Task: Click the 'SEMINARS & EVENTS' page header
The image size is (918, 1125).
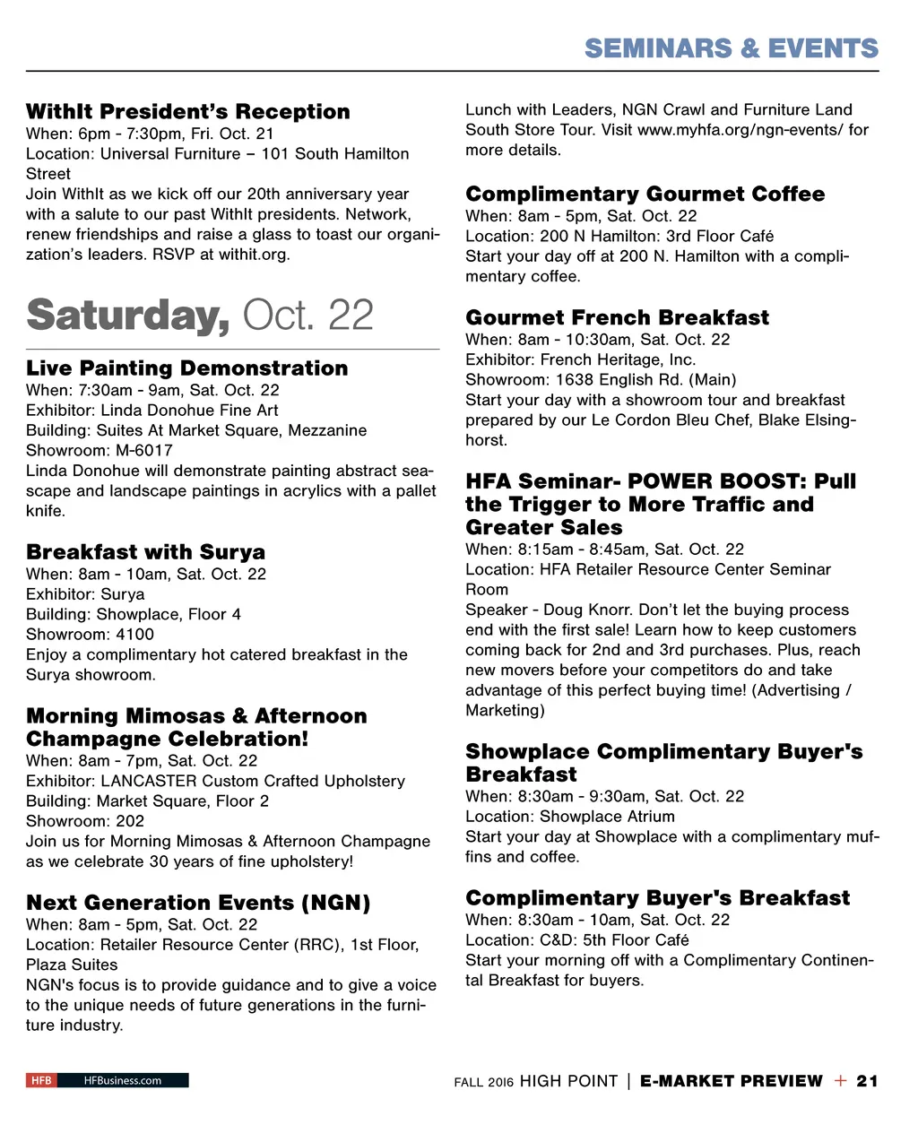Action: pyautogui.click(x=731, y=48)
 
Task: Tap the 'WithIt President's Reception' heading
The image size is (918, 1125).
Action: pyautogui.click(x=188, y=112)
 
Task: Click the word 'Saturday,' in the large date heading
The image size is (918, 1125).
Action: pyautogui.click(x=127, y=316)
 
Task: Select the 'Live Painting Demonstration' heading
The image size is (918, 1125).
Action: pyautogui.click(x=186, y=368)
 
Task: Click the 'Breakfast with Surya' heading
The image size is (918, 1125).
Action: pyautogui.click(x=145, y=552)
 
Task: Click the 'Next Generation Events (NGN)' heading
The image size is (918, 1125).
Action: pyautogui.click(x=198, y=903)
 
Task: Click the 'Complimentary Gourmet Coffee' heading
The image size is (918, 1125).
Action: pyautogui.click(x=645, y=195)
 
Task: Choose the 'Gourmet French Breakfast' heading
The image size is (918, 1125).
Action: pyautogui.click(x=617, y=318)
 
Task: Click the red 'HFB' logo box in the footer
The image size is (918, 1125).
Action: pyautogui.click(x=41, y=1080)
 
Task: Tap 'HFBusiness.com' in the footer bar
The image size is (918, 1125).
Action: pyautogui.click(x=123, y=1080)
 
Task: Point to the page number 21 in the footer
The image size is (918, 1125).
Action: pyautogui.click(x=867, y=1081)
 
